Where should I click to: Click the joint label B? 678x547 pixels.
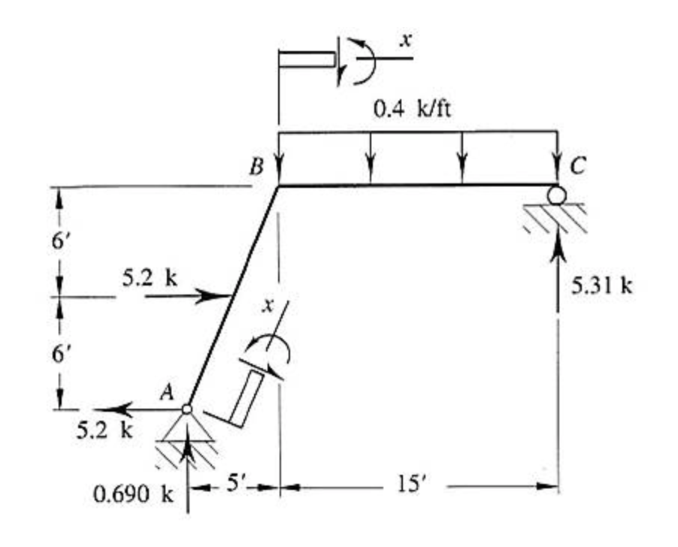click(x=256, y=167)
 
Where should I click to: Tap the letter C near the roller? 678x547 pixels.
click(x=577, y=166)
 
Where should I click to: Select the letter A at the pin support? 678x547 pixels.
click(x=168, y=389)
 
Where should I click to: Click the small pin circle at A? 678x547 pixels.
click(x=187, y=409)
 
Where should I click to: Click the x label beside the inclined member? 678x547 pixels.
click(x=266, y=306)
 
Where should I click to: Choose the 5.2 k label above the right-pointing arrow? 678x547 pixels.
click(x=150, y=279)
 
